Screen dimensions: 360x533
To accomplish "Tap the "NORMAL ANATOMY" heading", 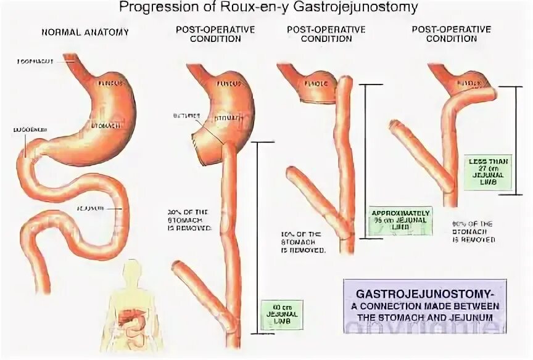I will pyautogui.click(x=85, y=33).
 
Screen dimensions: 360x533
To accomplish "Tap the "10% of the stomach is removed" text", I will pyautogui.click(x=305, y=242).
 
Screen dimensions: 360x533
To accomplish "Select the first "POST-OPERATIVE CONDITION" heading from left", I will pyautogui.click(x=207, y=33).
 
